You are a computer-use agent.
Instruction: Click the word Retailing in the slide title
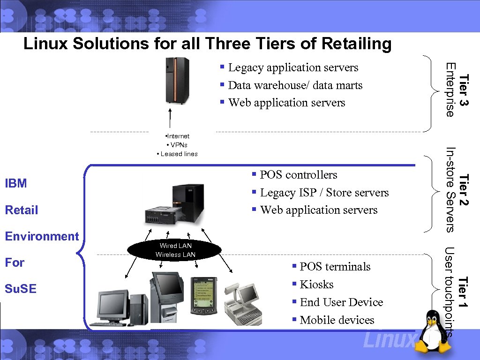click(356, 44)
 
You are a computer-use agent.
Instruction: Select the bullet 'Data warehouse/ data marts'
click(295, 85)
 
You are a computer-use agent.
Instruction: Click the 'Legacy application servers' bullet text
click(293, 67)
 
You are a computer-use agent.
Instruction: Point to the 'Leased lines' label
click(179, 154)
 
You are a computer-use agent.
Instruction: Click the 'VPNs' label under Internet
click(178, 145)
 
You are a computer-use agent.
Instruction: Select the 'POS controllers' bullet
click(298, 175)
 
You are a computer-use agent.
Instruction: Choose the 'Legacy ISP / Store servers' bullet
click(324, 193)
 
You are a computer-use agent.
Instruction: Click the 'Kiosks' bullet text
click(316, 285)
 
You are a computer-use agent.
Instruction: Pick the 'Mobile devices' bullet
click(337, 320)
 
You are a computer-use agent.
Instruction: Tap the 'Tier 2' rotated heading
click(464, 189)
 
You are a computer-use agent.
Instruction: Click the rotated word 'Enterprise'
click(450, 90)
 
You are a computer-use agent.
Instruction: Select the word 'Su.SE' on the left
click(20, 288)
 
